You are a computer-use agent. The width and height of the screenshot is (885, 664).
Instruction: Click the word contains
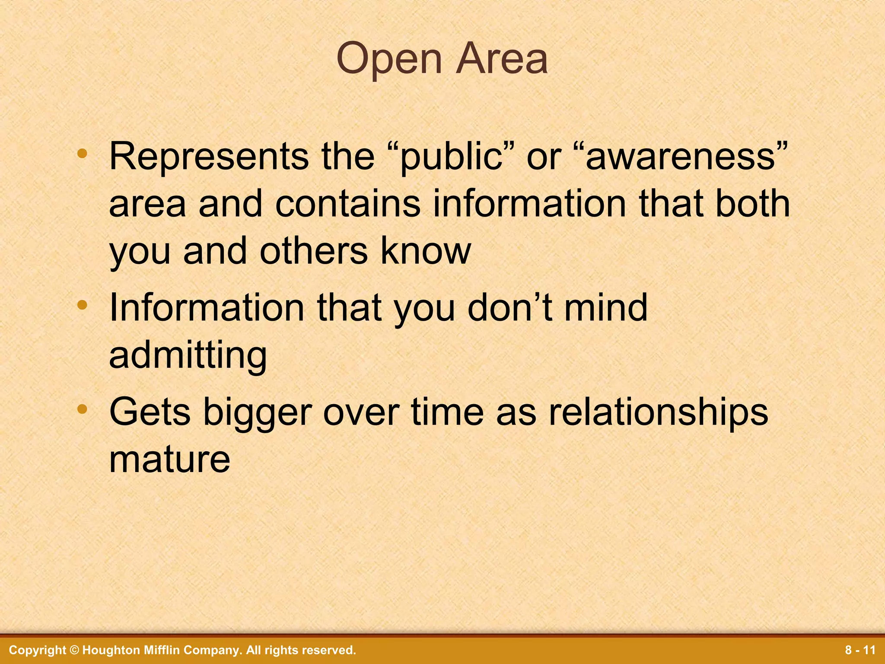348,204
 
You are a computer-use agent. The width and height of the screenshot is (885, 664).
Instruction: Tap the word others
313,252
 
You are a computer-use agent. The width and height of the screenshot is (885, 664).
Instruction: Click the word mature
169,459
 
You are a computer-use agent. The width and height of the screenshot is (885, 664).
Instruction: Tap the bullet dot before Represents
82,153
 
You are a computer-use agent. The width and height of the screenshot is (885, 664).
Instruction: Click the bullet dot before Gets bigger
82,409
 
